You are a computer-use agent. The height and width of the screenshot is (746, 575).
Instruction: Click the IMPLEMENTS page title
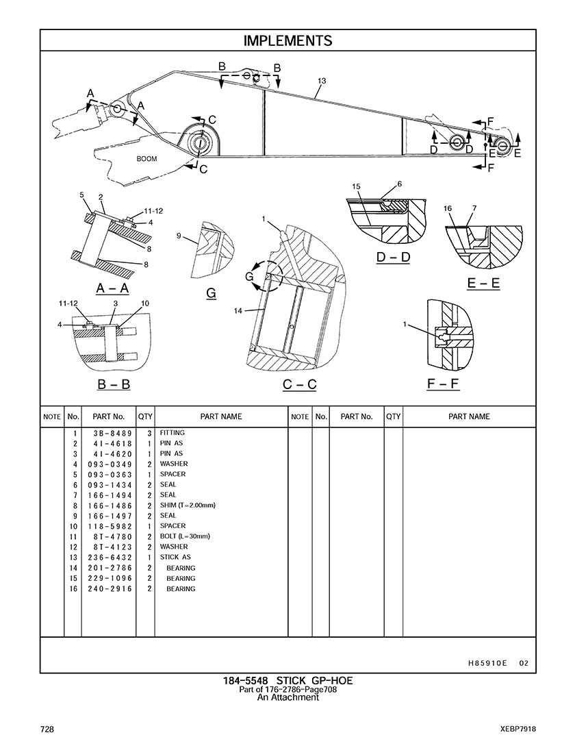coord(287,40)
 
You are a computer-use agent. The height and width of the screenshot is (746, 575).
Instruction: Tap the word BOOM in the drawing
coord(146,159)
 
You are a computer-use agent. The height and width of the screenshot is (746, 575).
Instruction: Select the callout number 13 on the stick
coord(322,81)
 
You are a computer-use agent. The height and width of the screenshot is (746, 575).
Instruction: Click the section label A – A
coord(113,289)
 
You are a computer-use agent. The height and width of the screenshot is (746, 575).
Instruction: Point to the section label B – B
coord(114,384)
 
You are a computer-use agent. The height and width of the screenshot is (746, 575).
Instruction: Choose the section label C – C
coord(299,384)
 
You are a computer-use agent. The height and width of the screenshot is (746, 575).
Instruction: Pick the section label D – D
coord(394,258)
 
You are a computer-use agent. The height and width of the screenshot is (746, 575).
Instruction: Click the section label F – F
coord(443,384)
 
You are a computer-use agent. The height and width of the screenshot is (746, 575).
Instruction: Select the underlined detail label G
coord(211,293)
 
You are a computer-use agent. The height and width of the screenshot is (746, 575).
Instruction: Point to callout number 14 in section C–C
coord(238,311)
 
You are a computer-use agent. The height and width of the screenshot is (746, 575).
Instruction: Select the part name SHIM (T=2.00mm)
coord(188,506)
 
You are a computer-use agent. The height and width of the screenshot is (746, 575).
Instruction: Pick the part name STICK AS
coord(175,558)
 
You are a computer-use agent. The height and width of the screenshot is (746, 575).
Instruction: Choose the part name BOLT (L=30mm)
coord(185,536)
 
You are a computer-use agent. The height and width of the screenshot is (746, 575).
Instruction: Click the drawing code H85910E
coord(487,663)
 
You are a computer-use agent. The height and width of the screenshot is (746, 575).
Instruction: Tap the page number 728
coord(47,728)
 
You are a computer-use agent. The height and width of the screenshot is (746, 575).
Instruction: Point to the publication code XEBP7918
coord(517,728)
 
